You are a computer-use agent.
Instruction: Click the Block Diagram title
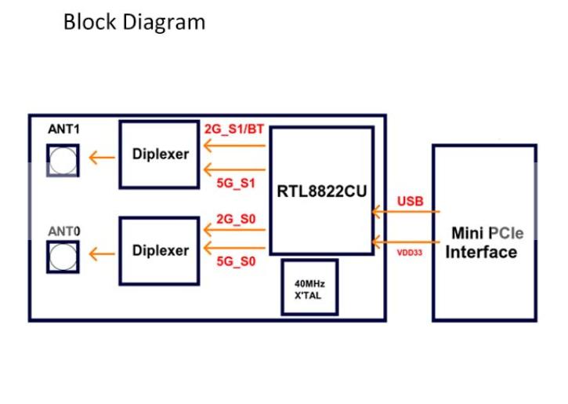[x=134, y=22]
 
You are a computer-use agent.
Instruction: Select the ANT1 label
[x=63, y=131]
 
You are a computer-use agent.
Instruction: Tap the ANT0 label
[x=63, y=232]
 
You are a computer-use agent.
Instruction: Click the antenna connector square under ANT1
[x=63, y=160]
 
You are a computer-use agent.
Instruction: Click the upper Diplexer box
[x=160, y=154]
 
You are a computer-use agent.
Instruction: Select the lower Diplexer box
[x=160, y=250]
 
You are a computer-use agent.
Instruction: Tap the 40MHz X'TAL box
[x=309, y=288]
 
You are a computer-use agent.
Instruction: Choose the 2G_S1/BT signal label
[x=234, y=129]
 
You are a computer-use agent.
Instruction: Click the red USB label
[x=411, y=201]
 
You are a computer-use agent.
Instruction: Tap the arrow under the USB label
[x=406, y=212]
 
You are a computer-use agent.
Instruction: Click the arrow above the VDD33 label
[x=406, y=240]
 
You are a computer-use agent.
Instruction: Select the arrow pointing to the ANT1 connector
[x=99, y=158]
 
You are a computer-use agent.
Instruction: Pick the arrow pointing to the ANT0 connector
[x=99, y=254]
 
